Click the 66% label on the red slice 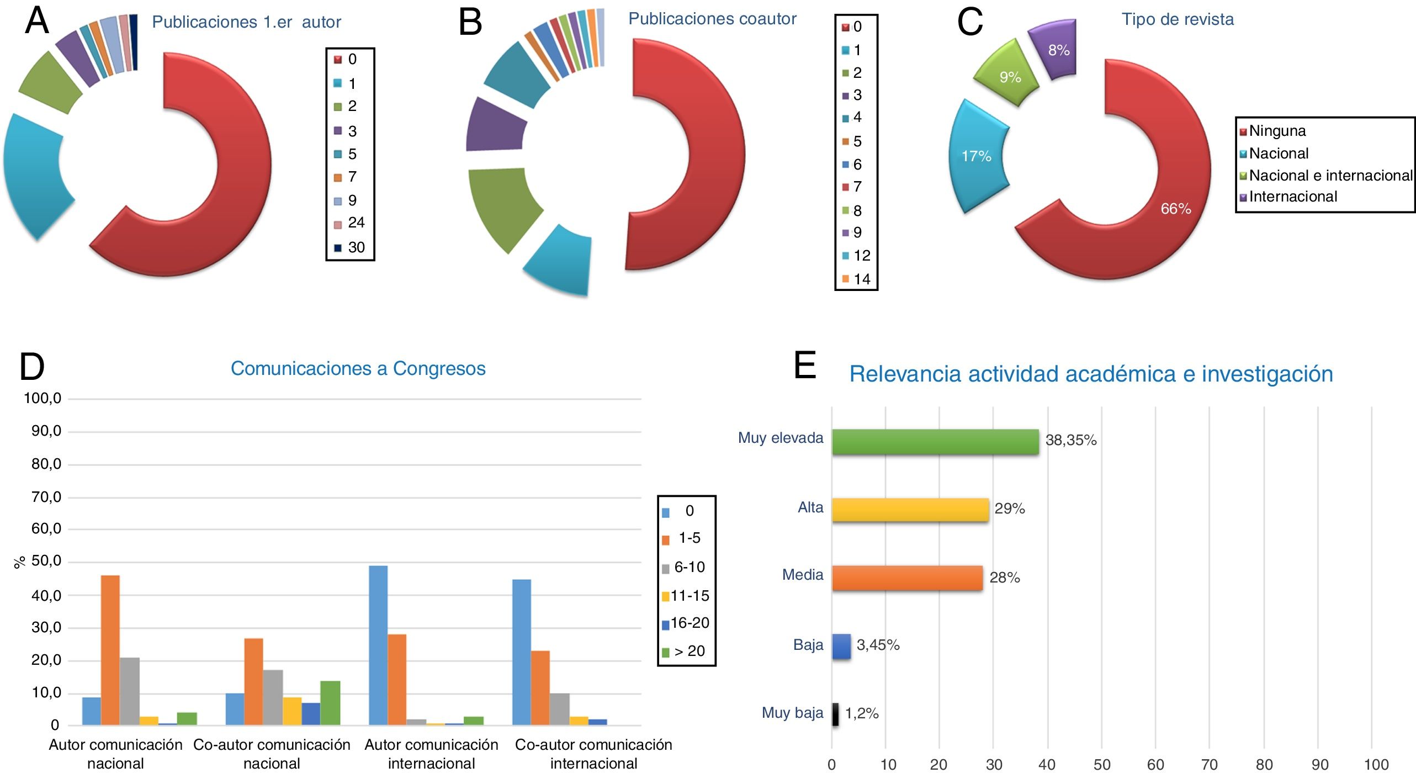1175,209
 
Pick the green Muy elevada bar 935,442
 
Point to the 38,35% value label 1070,440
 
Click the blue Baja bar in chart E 841,646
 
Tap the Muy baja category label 792,713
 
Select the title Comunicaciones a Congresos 358,368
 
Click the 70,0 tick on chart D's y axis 46,497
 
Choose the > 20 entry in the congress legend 690,651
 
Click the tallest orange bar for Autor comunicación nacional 110,650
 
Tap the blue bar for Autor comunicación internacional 378,645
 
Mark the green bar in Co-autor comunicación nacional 330,703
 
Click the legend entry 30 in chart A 356,247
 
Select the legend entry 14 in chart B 861,279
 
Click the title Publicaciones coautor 712,19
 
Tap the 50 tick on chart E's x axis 1102,764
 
